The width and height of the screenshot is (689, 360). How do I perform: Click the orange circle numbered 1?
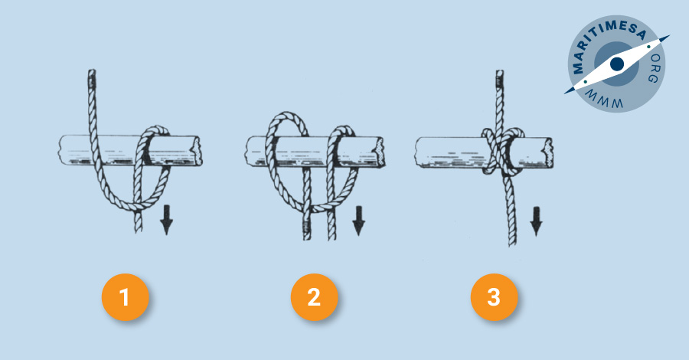[x=126, y=297]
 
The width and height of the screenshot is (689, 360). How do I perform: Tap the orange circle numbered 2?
[x=314, y=297]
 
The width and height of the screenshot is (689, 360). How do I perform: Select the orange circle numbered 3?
[x=494, y=297]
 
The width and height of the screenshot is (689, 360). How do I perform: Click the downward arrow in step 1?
[x=166, y=219]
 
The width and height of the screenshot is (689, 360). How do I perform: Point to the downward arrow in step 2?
[x=358, y=221]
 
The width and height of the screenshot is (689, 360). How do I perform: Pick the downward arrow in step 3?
[x=536, y=221]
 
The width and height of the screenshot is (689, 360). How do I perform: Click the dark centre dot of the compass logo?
[x=617, y=64]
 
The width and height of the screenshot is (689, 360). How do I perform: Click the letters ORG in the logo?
[x=654, y=69]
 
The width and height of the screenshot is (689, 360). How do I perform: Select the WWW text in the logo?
[x=604, y=100]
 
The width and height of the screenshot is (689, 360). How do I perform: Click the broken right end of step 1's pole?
[x=195, y=150]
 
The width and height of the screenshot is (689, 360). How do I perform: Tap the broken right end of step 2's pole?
[x=379, y=152]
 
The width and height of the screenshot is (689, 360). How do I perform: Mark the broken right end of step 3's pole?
[x=547, y=152]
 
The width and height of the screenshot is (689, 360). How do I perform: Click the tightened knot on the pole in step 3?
[x=501, y=151]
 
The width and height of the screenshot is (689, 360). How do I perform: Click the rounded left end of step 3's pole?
[x=418, y=152]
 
